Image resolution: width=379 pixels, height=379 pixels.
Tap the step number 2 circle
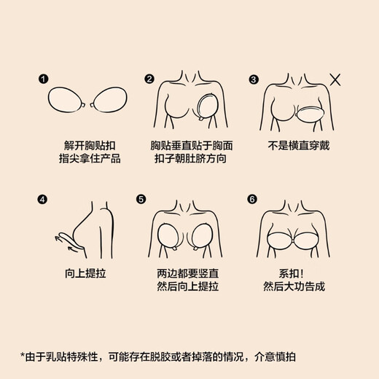[x=149, y=79]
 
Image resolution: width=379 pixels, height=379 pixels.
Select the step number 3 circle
[x=254, y=79]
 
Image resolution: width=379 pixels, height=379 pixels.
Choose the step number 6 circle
[x=254, y=198]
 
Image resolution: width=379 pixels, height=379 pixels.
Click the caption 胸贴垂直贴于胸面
[x=189, y=145]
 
